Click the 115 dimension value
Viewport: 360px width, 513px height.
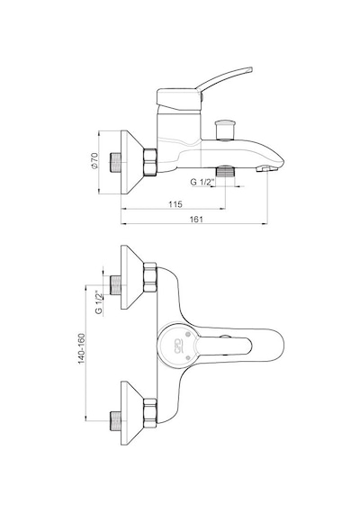[175, 204]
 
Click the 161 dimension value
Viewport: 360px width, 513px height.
[196, 220]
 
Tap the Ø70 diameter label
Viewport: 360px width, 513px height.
[94, 160]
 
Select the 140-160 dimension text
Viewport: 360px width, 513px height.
[82, 348]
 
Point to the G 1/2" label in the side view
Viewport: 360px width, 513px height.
[202, 182]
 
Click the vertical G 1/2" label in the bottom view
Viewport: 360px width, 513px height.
[99, 302]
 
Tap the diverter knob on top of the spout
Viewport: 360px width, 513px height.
[225, 130]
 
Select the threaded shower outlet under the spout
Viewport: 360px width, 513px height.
[225, 171]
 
